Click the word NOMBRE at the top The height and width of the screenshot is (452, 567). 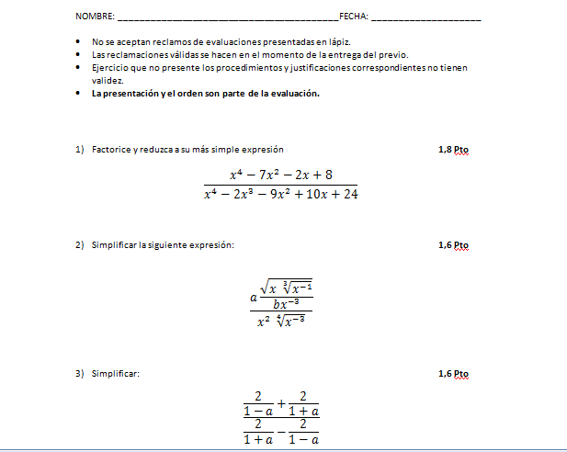click(95, 17)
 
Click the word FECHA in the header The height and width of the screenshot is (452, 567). click(353, 17)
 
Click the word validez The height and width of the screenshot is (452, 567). click(108, 80)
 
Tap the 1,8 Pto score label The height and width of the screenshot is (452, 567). click(453, 149)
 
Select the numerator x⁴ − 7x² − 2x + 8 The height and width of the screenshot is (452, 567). click(280, 174)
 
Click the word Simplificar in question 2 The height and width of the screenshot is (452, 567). click(114, 245)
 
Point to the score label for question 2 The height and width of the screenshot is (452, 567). click(453, 245)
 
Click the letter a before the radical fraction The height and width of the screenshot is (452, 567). click(253, 298)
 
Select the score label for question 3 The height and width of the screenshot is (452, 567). click(453, 374)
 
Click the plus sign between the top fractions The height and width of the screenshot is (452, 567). click(281, 402)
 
